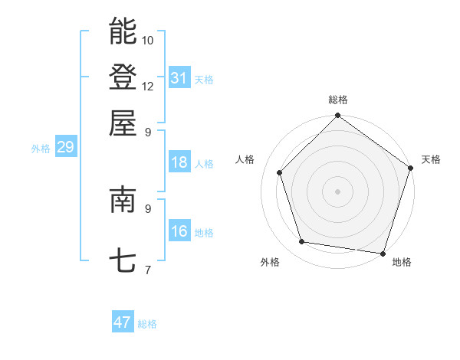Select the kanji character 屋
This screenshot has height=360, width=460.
click(123, 123)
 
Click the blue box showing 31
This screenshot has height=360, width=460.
click(179, 78)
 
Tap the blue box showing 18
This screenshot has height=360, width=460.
click(179, 163)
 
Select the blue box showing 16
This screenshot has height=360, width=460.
click(179, 232)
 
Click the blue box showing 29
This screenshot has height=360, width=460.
click(65, 148)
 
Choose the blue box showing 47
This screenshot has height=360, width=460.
click(123, 322)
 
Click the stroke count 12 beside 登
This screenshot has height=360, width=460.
click(148, 86)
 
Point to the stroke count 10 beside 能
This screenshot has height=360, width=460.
click(148, 40)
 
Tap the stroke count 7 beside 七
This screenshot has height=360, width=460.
click(147, 270)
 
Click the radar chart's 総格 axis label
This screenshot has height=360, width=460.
click(337, 100)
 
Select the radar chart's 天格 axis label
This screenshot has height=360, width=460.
click(431, 159)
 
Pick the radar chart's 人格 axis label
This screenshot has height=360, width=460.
click(245, 159)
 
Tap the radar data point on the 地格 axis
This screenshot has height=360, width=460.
click(383, 253)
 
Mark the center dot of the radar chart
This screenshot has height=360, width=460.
click(337, 191)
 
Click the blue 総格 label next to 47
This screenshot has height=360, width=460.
click(147, 324)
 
